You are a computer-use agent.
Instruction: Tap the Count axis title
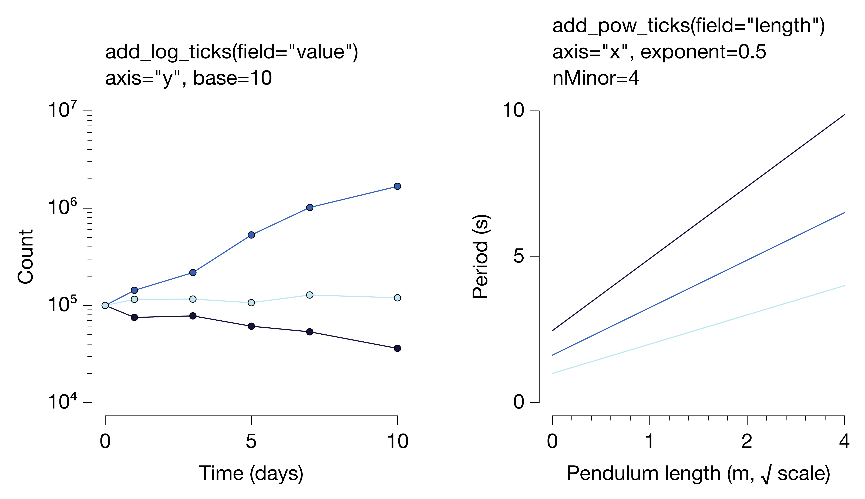click(x=26, y=257)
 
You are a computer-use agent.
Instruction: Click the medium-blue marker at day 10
click(x=397, y=186)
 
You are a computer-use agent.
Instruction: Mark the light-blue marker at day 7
click(x=309, y=295)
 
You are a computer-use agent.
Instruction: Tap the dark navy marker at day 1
click(x=134, y=317)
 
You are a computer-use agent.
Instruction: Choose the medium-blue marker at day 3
click(x=193, y=272)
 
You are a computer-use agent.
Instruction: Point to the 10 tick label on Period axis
click(x=514, y=110)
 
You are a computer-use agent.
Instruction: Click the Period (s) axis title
click(x=480, y=257)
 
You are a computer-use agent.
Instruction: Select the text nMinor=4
click(x=596, y=78)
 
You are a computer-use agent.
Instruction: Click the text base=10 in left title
click(x=233, y=78)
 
